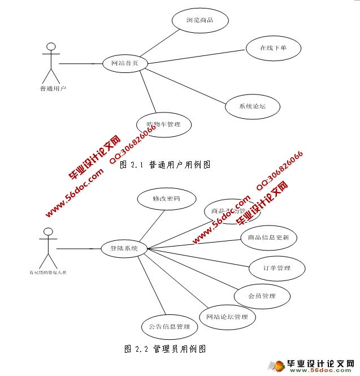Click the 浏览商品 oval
coord(199,20)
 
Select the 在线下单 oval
coord(273,48)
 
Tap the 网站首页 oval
coord(125,64)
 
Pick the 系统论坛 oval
coord(252,106)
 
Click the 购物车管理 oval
coord(164,124)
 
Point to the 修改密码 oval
coord(166,199)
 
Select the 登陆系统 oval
coord(124,248)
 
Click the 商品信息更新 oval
coord(268,238)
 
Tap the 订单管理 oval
coord(276,269)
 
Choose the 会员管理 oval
coord(262,296)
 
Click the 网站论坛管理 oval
coord(227,317)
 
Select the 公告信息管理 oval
coord(169,327)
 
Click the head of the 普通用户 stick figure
coord(51,46)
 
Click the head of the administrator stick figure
coord(49,232)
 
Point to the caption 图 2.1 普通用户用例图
coord(166,165)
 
